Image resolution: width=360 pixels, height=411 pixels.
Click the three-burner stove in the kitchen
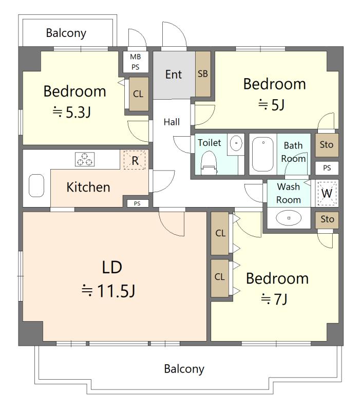tap(85, 159)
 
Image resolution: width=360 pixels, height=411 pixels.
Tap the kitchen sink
tap(36, 185)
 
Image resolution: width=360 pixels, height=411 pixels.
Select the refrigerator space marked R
tap(135, 160)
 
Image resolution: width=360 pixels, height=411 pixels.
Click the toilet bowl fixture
tap(209, 163)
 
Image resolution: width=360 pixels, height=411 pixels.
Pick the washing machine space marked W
tap(327, 193)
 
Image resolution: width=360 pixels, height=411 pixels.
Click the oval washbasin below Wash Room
tap(289, 217)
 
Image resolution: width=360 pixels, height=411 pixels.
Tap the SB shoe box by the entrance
tap(203, 74)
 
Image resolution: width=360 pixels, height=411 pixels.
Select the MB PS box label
tap(136, 62)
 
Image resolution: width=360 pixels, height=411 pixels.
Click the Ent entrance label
tap(174, 74)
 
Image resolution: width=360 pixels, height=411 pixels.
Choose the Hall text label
tap(172, 122)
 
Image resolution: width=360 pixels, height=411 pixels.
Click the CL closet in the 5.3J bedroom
tap(139, 94)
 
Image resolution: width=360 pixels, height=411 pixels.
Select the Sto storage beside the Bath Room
tap(327, 145)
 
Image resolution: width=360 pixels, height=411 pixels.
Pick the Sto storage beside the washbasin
tap(327, 219)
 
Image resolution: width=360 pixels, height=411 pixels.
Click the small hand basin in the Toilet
tap(236, 143)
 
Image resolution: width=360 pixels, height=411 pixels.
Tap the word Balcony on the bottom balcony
tap(184, 369)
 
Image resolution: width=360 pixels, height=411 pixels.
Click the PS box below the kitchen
tap(137, 203)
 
